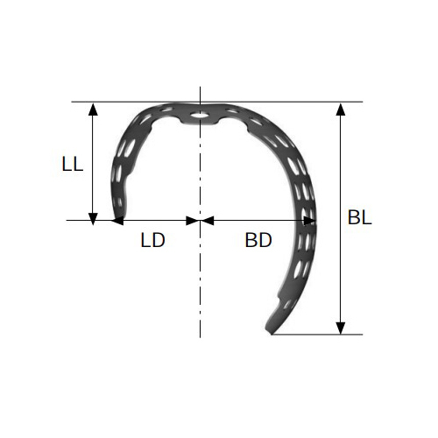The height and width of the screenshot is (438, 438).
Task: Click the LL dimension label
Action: coord(73,164)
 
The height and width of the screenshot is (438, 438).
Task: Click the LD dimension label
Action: coord(152,240)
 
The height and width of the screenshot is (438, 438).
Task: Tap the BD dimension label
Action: coord(258,240)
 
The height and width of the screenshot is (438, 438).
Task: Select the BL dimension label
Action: coord(359,217)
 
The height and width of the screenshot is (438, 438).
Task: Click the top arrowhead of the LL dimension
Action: coord(93,109)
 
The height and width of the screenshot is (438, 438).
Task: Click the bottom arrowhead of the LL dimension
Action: coord(93,219)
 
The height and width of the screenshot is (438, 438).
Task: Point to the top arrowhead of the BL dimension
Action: coord(341,109)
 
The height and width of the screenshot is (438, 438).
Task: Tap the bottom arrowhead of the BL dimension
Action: coord(341,328)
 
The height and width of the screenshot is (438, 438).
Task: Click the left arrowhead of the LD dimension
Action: coord(117,221)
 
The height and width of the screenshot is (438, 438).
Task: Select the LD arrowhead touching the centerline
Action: coord(193,221)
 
